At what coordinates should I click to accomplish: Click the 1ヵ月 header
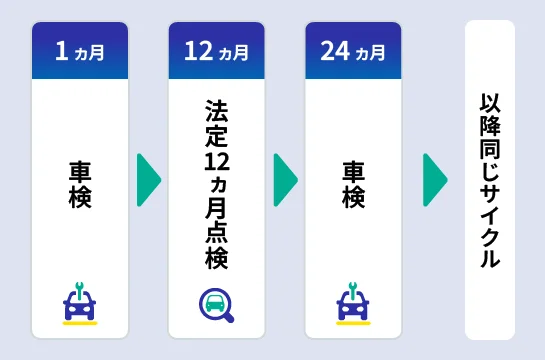tap(80, 51)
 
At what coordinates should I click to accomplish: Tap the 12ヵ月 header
tap(216, 51)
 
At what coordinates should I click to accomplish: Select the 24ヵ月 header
tap(353, 51)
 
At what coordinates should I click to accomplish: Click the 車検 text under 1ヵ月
tap(80, 183)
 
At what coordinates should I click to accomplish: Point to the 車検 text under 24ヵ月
tap(353, 183)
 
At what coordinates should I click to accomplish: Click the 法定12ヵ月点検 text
tap(216, 183)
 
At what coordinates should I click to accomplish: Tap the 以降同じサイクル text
tap(490, 180)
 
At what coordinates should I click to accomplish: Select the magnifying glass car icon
tap(216, 304)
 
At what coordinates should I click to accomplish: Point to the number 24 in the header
tap(337, 51)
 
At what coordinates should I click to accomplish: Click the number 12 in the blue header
tap(200, 51)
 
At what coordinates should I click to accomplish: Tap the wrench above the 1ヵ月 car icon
tap(80, 289)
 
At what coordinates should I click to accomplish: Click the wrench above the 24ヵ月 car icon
tap(353, 289)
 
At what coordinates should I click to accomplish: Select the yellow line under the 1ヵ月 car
tap(80, 323)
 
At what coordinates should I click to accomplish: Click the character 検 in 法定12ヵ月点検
tap(216, 259)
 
